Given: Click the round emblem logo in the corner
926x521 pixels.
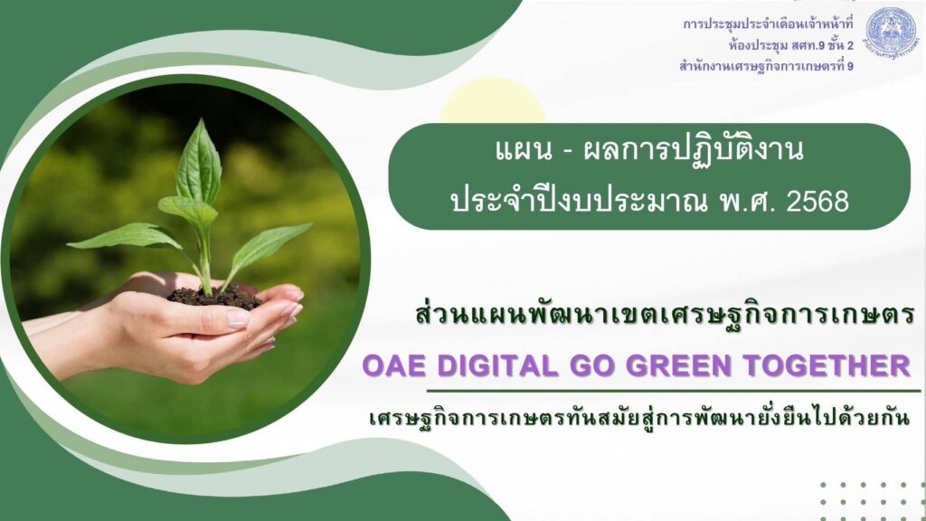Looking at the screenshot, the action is [x=891, y=32].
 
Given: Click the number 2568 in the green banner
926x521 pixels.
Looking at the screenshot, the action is [x=817, y=202].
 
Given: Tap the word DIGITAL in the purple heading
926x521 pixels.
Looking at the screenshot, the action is [x=497, y=365].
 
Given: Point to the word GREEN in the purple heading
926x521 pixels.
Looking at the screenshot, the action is [x=679, y=365].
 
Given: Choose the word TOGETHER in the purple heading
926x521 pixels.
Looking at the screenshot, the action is [x=827, y=365].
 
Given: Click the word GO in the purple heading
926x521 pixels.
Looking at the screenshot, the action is [x=592, y=365].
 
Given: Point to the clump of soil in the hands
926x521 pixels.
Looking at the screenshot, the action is [x=214, y=297].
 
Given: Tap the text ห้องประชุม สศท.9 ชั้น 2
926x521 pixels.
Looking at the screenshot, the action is [x=790, y=45].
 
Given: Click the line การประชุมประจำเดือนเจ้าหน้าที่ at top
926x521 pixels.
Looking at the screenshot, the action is [x=768, y=24].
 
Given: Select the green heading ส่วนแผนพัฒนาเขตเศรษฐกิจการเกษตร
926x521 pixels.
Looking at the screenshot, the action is [x=665, y=316].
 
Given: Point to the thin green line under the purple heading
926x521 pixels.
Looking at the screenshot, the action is [x=673, y=391].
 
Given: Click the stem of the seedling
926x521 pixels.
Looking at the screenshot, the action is [x=205, y=260].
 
